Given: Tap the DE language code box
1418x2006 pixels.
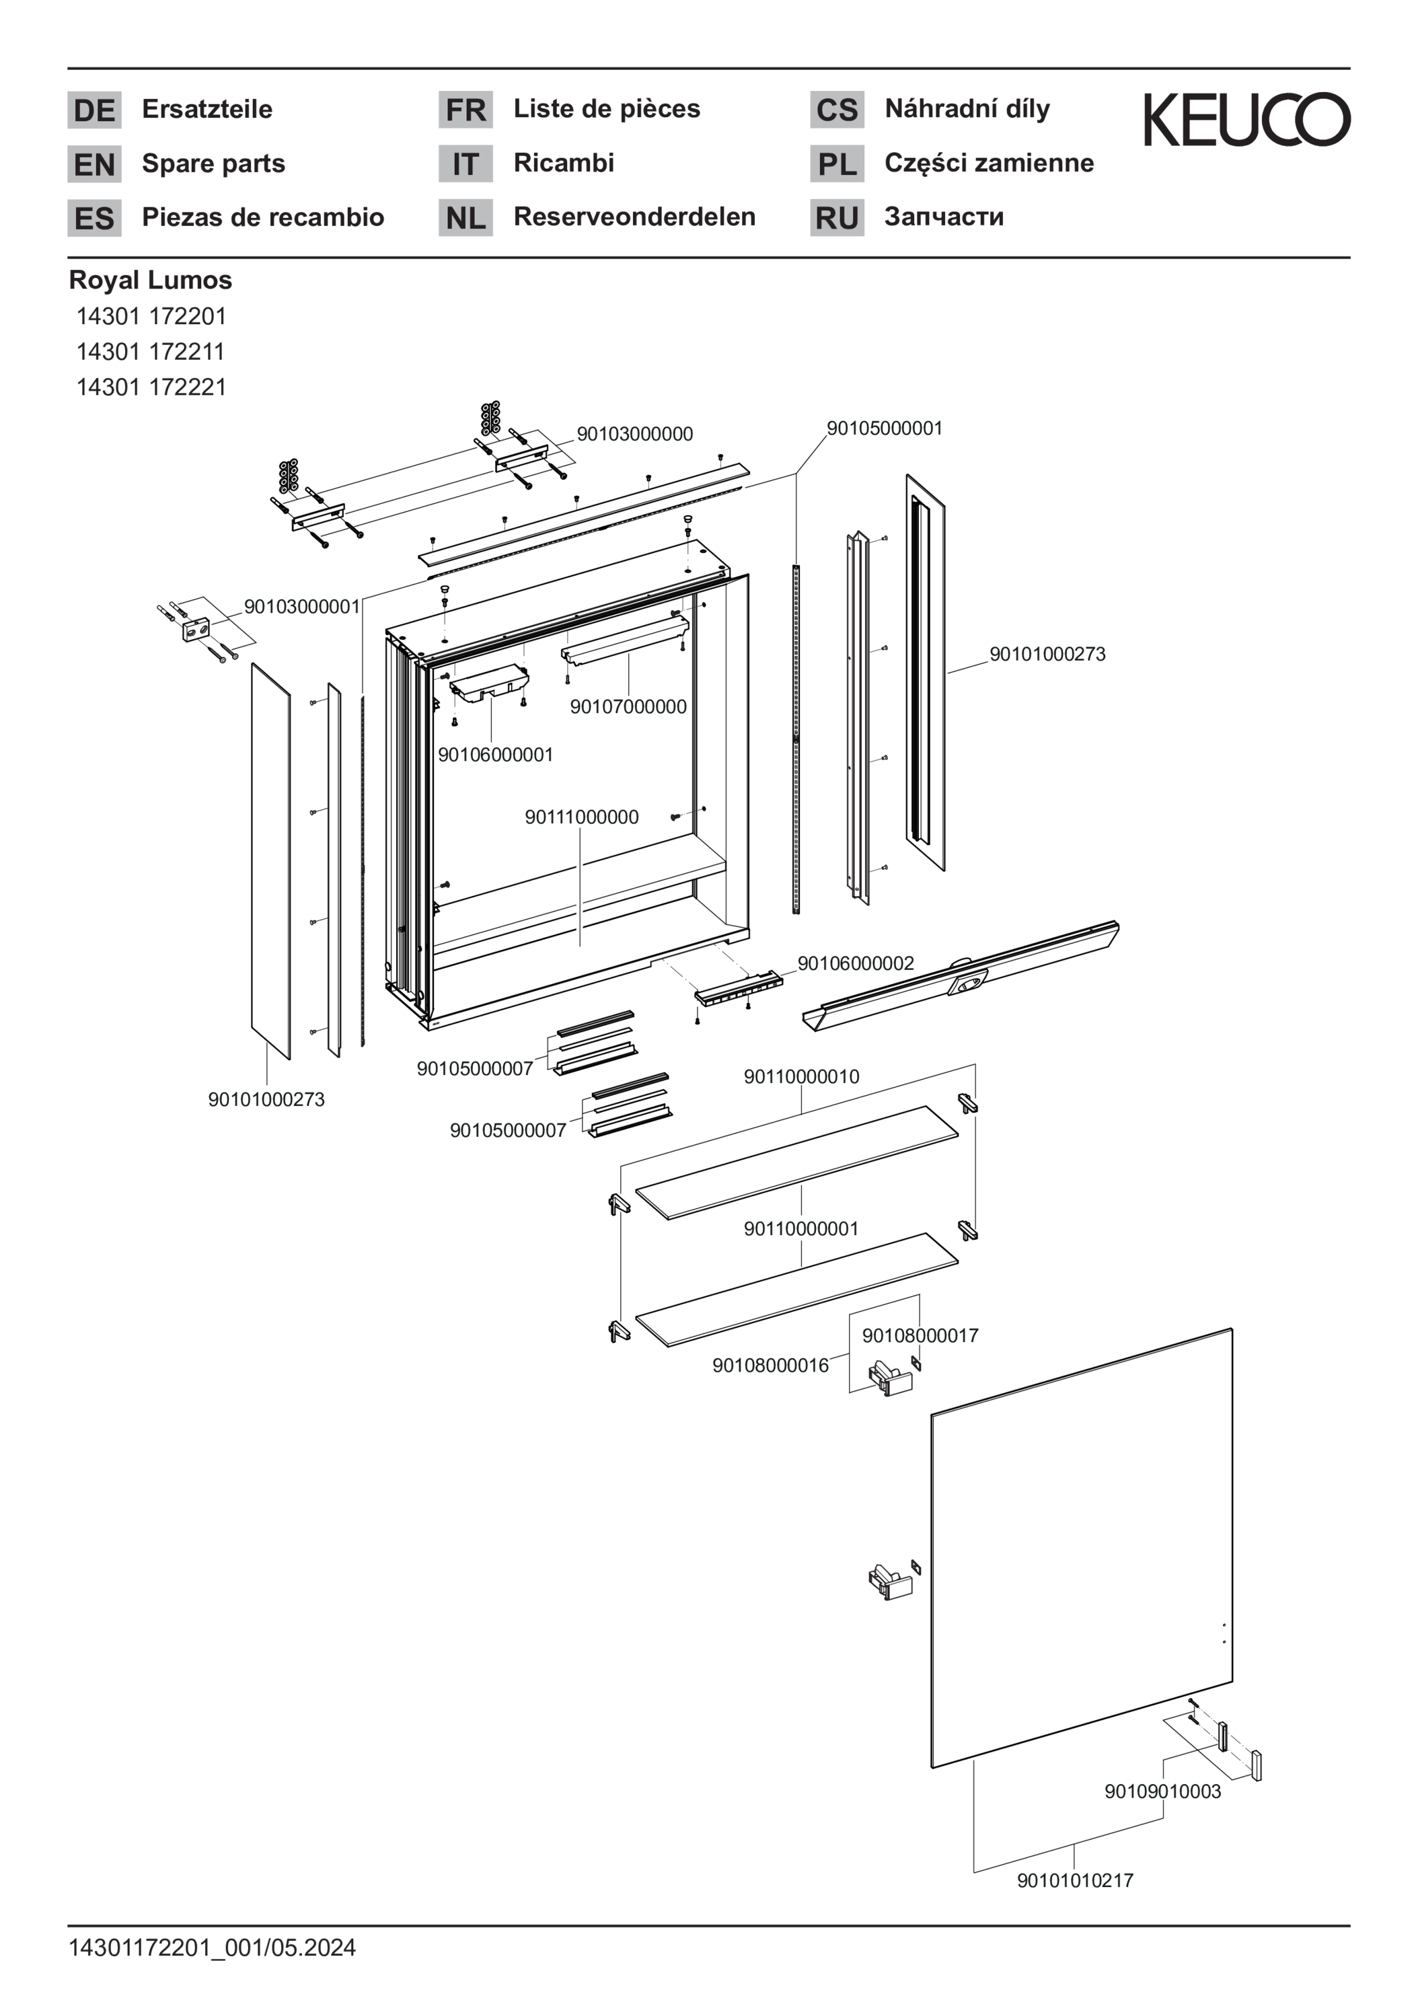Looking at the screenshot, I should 94,110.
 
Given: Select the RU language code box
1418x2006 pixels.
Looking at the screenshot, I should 836,217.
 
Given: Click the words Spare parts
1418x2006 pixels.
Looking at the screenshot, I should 213,163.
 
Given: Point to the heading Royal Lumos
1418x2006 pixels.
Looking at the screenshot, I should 150,280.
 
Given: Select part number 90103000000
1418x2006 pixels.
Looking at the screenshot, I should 634,434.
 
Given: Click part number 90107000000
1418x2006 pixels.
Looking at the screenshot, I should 628,707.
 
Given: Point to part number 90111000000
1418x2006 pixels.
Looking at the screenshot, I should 581,817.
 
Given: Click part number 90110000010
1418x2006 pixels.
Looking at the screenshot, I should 801,1076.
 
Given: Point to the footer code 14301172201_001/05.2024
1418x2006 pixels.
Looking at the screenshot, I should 213,1947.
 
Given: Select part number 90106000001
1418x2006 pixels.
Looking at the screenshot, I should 495,755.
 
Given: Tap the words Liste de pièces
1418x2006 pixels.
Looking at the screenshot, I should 606,108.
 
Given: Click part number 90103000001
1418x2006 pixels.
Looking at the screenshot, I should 301,606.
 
